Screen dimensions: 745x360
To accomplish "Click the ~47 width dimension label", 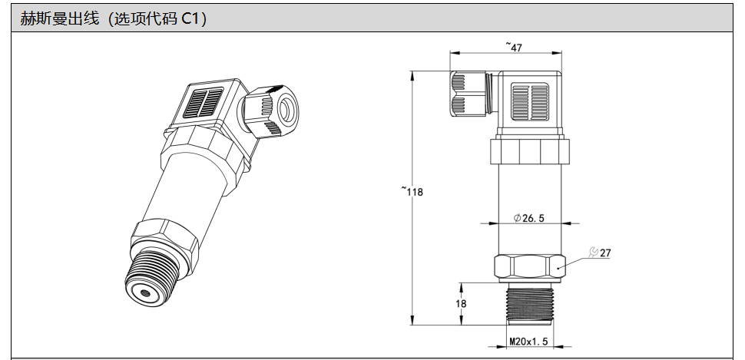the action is click(514, 47).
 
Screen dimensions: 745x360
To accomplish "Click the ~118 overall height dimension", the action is click(412, 192).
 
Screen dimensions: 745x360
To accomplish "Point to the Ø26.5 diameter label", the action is click(529, 218).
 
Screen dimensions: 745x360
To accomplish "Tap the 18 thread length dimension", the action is click(460, 303).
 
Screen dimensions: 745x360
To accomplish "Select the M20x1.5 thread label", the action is click(529, 342).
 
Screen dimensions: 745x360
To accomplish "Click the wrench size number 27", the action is click(605, 253).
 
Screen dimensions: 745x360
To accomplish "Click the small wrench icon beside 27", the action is click(593, 253).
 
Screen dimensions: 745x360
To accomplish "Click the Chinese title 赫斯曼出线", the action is click(59, 18).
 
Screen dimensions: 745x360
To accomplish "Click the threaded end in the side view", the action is click(530, 304).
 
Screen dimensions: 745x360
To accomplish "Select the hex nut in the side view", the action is click(530, 268).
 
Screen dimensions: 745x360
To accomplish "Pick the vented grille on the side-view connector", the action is click(530, 101).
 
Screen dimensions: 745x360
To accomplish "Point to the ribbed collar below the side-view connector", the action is click(530, 150).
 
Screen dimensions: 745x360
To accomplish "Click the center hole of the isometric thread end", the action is click(146, 292).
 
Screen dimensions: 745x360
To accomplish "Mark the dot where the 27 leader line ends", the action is click(558, 269).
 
